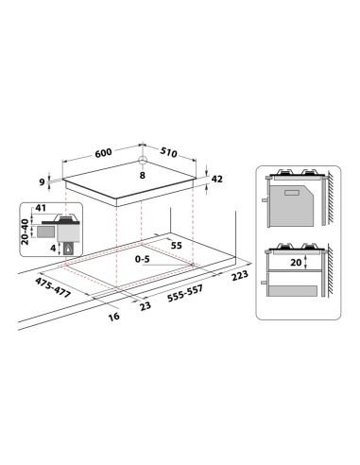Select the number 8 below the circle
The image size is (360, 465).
141,175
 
